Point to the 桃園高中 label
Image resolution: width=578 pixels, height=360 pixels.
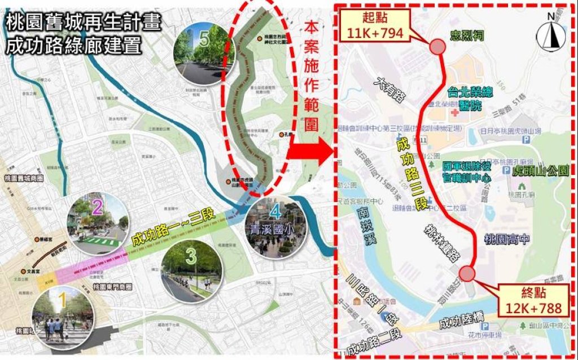(507, 239)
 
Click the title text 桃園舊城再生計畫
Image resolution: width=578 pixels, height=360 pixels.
(84, 23)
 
